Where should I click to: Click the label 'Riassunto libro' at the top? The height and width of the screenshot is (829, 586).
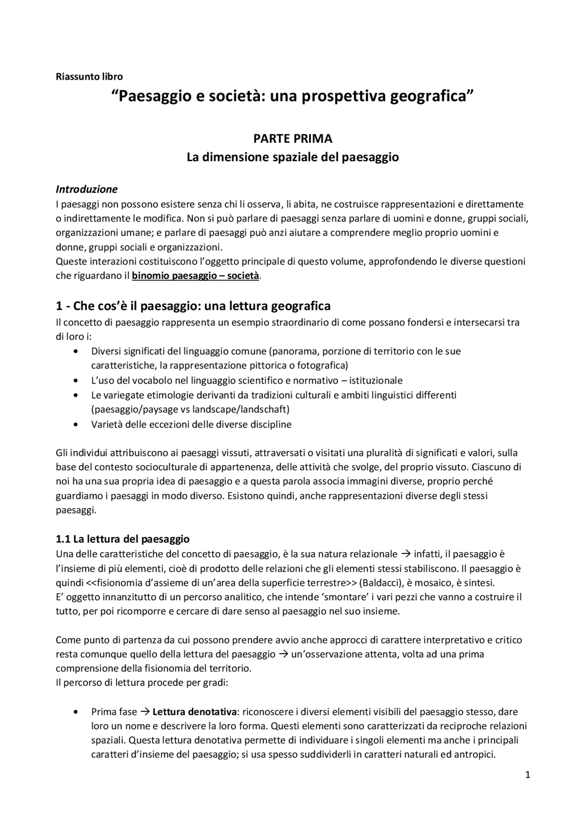89,76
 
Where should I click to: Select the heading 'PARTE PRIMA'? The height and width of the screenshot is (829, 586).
293,138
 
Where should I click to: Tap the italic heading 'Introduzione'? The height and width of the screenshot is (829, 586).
87,189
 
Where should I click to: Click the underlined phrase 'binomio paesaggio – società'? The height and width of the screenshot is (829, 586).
195,276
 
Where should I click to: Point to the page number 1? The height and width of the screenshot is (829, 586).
527,775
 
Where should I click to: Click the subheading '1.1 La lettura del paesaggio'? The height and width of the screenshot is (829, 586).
123,539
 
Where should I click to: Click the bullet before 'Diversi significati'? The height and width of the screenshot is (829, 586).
76,352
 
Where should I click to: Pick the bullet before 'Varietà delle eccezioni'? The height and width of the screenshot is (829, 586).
76,424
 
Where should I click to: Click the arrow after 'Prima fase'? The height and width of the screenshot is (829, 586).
145,712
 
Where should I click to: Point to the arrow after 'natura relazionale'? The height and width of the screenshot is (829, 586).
406,554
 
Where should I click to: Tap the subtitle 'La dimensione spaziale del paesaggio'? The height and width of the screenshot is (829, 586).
293,157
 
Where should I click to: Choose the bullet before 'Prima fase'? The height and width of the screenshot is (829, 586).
76,712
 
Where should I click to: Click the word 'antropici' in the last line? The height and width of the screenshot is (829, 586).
474,754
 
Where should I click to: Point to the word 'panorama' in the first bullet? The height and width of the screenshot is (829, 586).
292,352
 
